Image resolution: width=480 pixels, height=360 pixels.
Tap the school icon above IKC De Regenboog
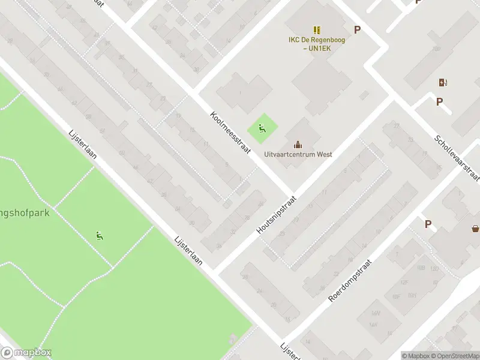click(316, 29)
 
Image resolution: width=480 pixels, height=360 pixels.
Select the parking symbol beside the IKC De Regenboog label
click(358, 29)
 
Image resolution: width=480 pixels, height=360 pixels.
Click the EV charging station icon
click(443, 82)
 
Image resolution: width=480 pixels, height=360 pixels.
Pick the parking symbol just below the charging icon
click(439, 102)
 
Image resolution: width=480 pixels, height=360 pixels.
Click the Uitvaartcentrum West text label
click(298, 154)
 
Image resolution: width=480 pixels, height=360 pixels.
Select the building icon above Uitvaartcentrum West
click(298, 144)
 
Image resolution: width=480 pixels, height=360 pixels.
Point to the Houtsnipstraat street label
click(276, 214)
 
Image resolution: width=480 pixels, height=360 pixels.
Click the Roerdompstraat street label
click(351, 281)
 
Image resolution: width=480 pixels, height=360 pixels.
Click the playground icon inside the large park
click(100, 236)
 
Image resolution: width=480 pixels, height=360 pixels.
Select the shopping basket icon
click(475, 228)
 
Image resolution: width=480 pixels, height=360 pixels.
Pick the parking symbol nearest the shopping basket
click(428, 224)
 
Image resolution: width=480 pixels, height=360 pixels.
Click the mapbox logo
click(25, 353)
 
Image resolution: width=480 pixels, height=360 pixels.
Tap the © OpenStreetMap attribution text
click(454, 356)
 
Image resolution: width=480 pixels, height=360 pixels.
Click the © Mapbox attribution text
click(415, 356)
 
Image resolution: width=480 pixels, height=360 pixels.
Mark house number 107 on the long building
click(436, 49)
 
